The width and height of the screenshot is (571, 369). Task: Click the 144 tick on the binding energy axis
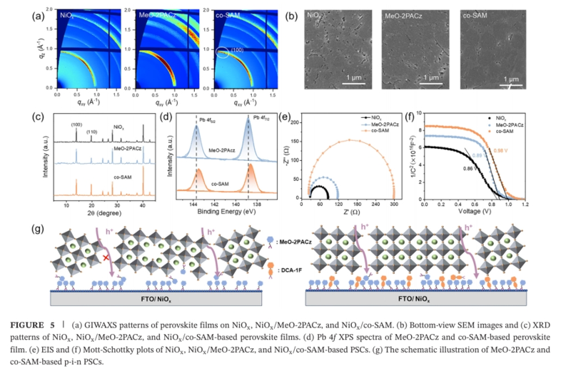[x=193, y=204]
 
